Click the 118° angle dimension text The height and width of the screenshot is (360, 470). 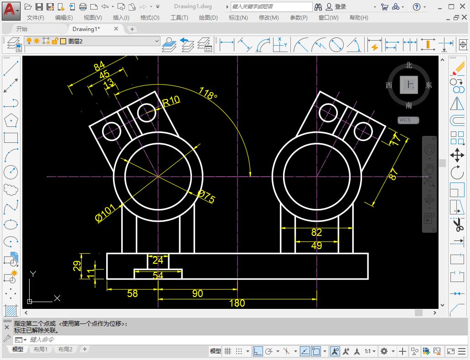click(208, 93)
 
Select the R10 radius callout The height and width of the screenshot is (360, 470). click(171, 101)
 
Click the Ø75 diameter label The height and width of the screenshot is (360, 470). click(206, 196)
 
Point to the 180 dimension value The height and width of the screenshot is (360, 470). click(237, 303)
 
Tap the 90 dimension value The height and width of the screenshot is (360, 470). click(197, 293)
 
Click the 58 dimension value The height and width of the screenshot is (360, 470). click(132, 293)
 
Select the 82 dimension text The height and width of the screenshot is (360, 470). click(316, 232)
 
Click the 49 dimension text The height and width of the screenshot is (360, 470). click(316, 245)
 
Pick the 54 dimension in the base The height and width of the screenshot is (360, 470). click(158, 275)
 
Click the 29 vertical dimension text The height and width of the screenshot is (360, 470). click(77, 265)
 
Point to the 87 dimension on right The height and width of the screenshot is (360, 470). click(393, 174)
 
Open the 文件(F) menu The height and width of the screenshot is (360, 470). click(36, 17)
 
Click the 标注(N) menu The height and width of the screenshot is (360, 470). click(238, 17)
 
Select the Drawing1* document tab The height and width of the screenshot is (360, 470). click(86, 29)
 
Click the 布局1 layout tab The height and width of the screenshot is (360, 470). click(40, 350)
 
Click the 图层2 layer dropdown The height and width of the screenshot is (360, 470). click(114, 41)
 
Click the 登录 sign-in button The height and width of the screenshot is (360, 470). click(341, 7)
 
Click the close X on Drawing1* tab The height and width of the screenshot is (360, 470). click(116, 29)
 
